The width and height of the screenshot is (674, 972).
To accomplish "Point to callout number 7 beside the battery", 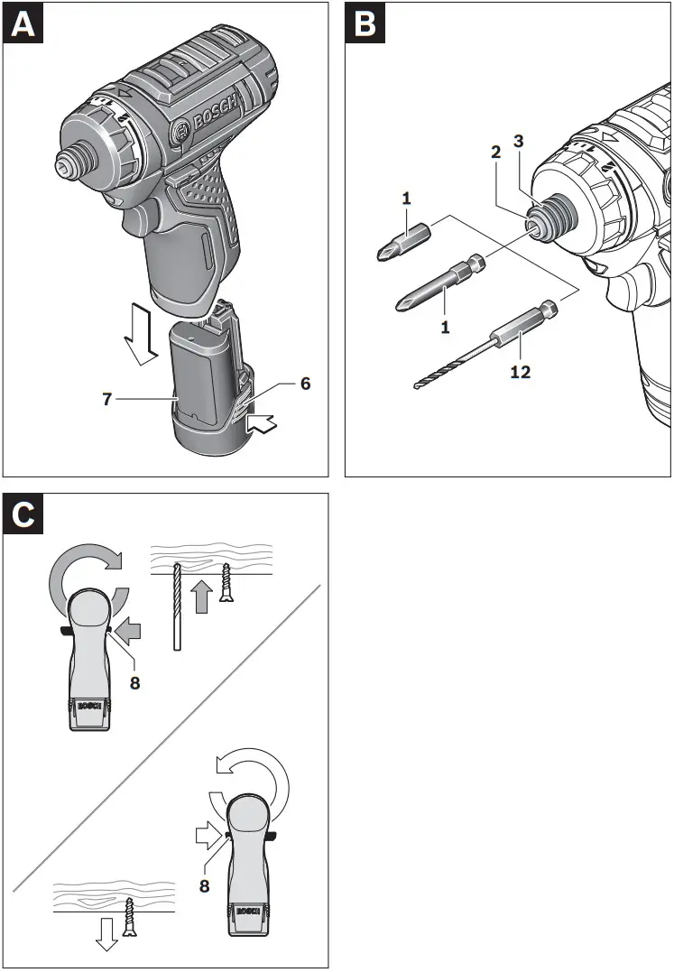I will (x=107, y=398).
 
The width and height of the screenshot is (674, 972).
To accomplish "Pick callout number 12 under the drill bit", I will (x=521, y=371).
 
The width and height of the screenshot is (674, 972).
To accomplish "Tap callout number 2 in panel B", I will (x=495, y=153).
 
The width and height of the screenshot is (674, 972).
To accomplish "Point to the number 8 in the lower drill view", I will (x=205, y=886).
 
